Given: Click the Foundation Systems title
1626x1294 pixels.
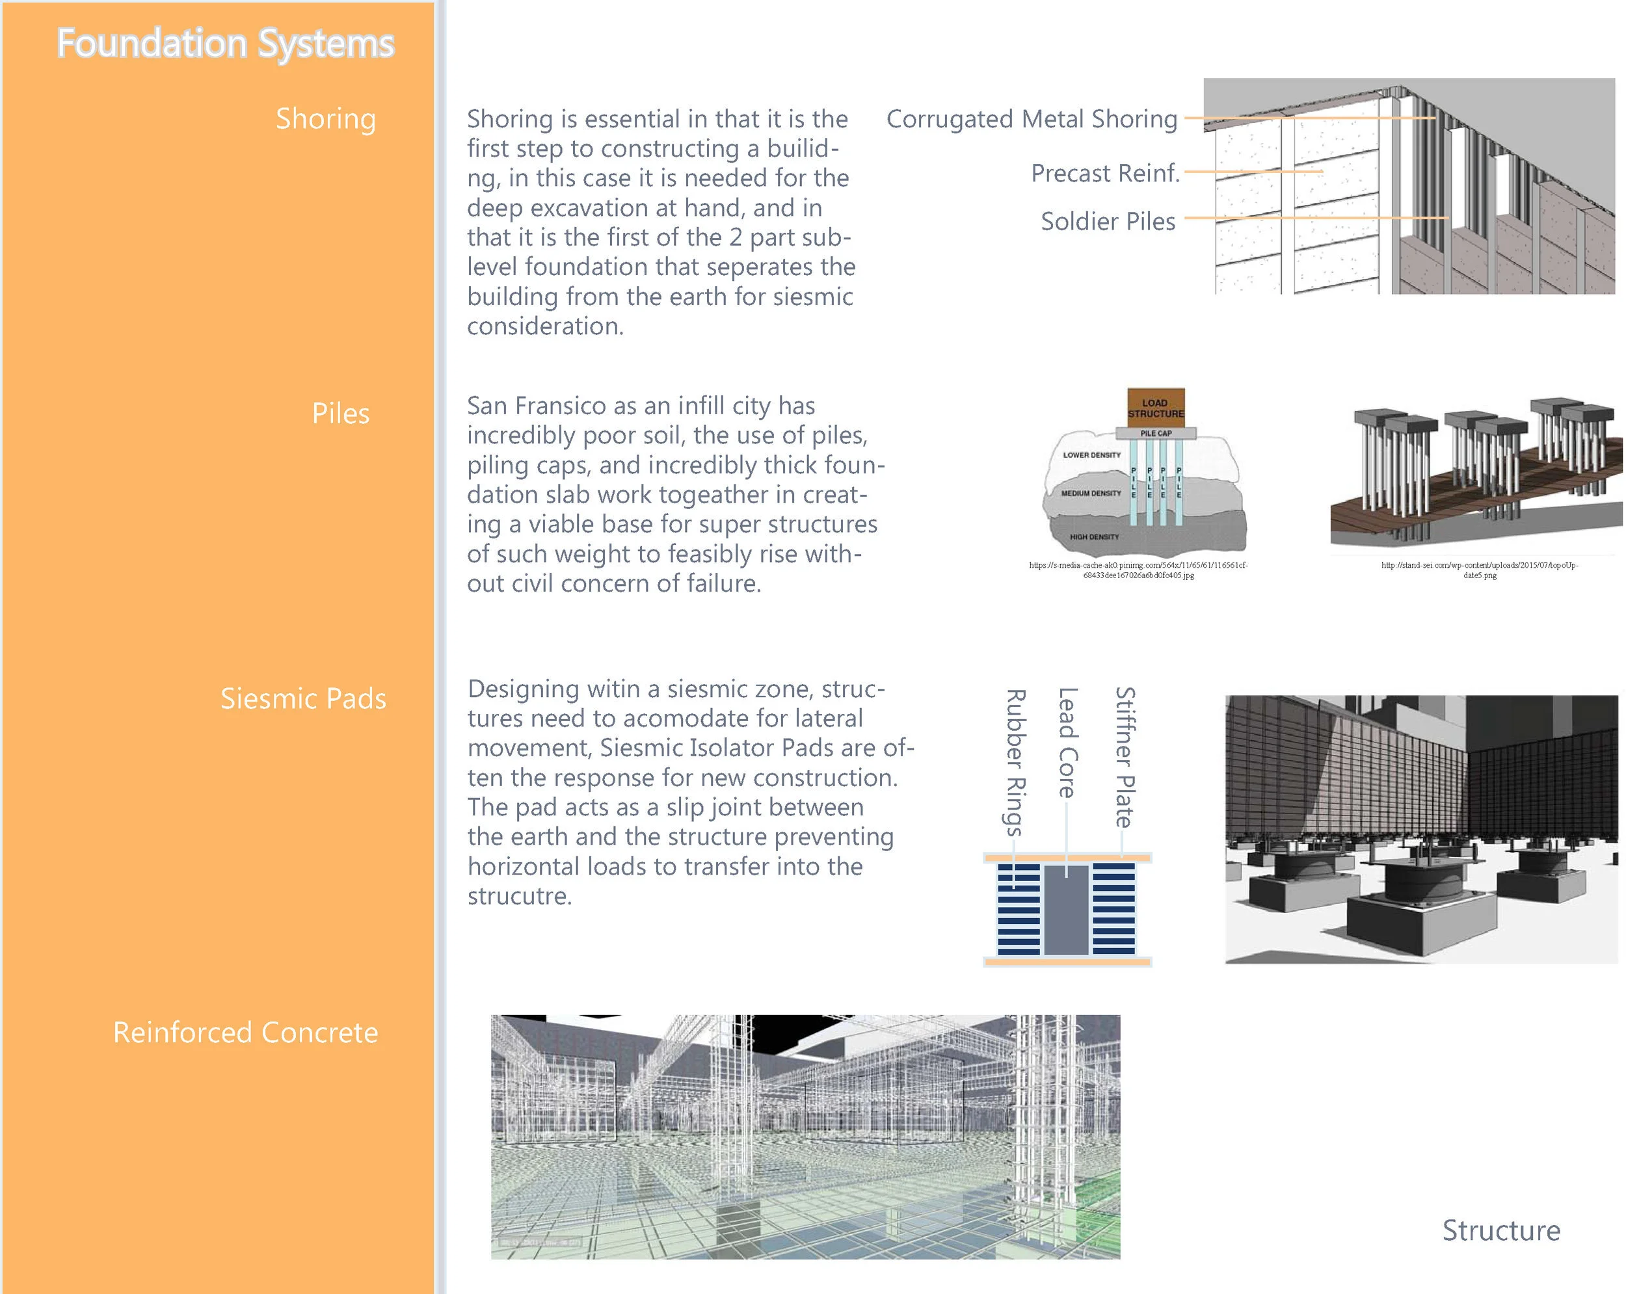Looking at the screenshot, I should (226, 43).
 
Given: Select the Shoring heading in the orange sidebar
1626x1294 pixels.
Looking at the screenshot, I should (325, 118).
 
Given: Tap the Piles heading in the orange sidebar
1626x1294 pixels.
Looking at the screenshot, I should (340, 414).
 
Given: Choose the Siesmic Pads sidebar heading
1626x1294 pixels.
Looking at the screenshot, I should (302, 698).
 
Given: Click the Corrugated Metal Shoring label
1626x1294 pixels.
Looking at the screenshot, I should (1031, 118).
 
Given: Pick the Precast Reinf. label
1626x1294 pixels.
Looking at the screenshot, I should (1105, 173).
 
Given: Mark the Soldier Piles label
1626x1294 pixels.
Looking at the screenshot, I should (1107, 221).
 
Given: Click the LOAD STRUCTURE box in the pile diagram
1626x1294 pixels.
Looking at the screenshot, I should (1155, 408).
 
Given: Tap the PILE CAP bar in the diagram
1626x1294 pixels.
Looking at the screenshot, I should (1155, 434).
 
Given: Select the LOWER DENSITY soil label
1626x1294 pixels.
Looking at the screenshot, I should (1091, 455).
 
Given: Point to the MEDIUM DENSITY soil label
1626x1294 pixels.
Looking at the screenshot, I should (1091, 493).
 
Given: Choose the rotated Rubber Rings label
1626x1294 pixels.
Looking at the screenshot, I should (1015, 761).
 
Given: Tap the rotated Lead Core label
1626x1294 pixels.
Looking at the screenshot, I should (1067, 742).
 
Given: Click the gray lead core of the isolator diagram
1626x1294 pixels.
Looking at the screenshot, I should (1065, 911).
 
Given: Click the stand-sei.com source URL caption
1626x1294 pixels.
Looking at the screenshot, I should (1479, 570).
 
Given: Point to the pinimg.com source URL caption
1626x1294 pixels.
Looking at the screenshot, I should (1138, 570).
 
